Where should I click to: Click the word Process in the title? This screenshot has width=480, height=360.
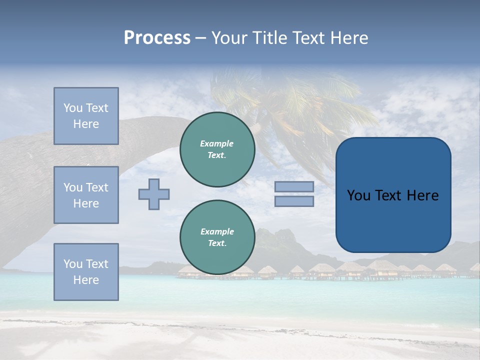click(157, 38)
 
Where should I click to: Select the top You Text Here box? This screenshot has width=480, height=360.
click(86, 116)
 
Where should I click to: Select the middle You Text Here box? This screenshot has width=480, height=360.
click(86, 195)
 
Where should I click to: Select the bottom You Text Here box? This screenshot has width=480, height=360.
click(86, 272)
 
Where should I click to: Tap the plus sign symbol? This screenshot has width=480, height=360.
click(154, 194)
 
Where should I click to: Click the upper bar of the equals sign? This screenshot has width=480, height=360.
click(294, 186)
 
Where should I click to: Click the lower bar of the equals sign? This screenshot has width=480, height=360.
click(294, 201)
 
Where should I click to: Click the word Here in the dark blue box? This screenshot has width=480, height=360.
click(422, 195)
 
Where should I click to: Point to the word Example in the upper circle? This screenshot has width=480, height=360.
click(216, 143)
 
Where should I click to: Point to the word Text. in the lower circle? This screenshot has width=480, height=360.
click(217, 243)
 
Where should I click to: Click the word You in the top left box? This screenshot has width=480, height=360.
click(72, 108)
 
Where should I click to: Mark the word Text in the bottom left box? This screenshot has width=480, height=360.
click(96, 264)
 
